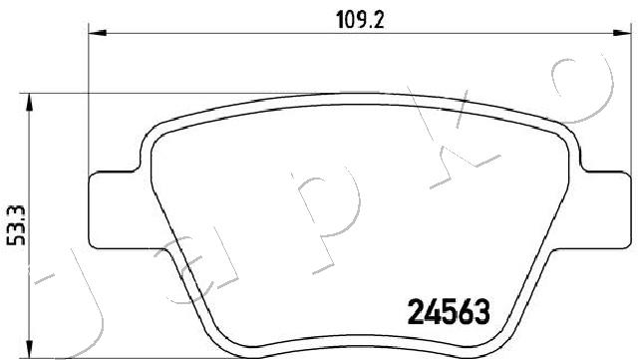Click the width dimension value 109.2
(360, 20)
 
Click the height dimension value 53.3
(17, 225)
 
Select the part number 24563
(449, 311)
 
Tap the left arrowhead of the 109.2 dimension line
(98, 33)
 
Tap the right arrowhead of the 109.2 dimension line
(622, 33)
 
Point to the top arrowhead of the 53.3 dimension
(29, 103)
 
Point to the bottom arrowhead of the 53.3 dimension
(29, 349)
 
